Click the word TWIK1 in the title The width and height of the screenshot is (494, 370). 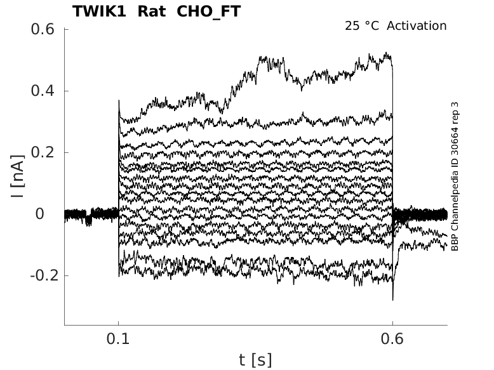[x=100, y=11]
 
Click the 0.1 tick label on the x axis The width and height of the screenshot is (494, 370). [x=119, y=339]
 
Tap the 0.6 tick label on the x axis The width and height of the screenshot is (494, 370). [x=392, y=339]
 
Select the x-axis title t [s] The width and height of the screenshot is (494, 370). [x=255, y=360]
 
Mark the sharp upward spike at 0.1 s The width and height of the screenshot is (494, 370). [x=119, y=101]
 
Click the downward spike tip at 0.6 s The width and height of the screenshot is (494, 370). [x=393, y=299]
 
